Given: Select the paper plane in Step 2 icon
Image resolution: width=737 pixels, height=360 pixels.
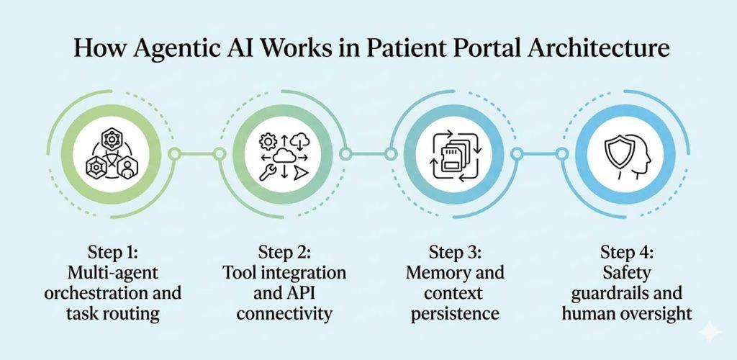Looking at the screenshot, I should pos(302,172).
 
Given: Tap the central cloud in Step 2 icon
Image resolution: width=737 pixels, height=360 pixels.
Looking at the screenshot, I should pos(283,153).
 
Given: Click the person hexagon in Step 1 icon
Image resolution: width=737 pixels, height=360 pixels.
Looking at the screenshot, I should pos(127,168).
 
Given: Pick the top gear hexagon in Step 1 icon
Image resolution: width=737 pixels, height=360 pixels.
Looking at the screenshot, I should pos(113,138).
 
